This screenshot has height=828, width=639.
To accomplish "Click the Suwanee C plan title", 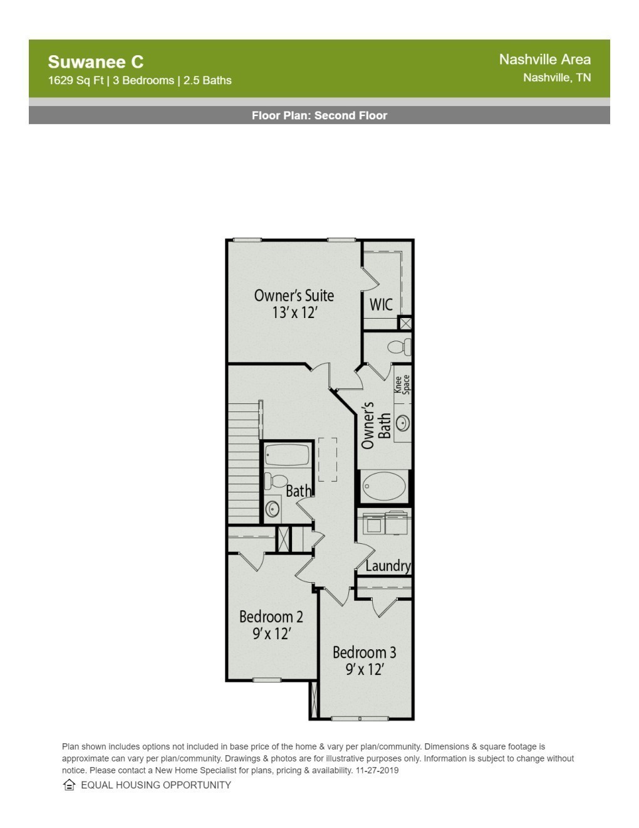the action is pyautogui.click(x=95, y=61).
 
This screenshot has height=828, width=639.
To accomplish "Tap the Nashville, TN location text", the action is pyautogui.click(x=557, y=78).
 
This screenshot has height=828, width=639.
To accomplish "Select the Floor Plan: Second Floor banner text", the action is pyautogui.click(x=319, y=115).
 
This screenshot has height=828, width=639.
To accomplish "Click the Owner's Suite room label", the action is pyautogui.click(x=294, y=295).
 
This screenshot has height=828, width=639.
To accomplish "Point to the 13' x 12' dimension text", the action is pyautogui.click(x=294, y=312).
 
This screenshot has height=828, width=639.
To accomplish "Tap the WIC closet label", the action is pyautogui.click(x=381, y=304).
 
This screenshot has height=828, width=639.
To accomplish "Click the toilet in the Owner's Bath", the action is pyautogui.click(x=399, y=347).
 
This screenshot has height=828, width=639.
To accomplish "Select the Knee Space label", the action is pyautogui.click(x=402, y=385).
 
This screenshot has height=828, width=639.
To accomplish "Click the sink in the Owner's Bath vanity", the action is pyautogui.click(x=403, y=423).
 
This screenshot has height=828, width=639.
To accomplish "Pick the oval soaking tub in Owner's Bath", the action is pyautogui.click(x=384, y=486).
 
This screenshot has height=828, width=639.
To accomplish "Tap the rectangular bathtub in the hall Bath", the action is pyautogui.click(x=287, y=455).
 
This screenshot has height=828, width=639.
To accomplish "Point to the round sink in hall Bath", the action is pyautogui.click(x=273, y=509).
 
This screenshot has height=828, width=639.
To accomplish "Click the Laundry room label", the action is pyautogui.click(x=388, y=566).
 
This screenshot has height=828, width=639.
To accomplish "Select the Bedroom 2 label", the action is pyautogui.click(x=271, y=617).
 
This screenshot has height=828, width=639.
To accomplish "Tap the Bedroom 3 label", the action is pyautogui.click(x=364, y=652).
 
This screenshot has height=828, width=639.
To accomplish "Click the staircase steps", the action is pyautogui.click(x=244, y=463).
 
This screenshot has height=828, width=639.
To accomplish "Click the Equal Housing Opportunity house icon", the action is pyautogui.click(x=69, y=785).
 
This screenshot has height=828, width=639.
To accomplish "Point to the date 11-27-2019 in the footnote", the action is pyautogui.click(x=377, y=770).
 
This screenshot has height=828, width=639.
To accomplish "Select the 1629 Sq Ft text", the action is pyautogui.click(x=76, y=81).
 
